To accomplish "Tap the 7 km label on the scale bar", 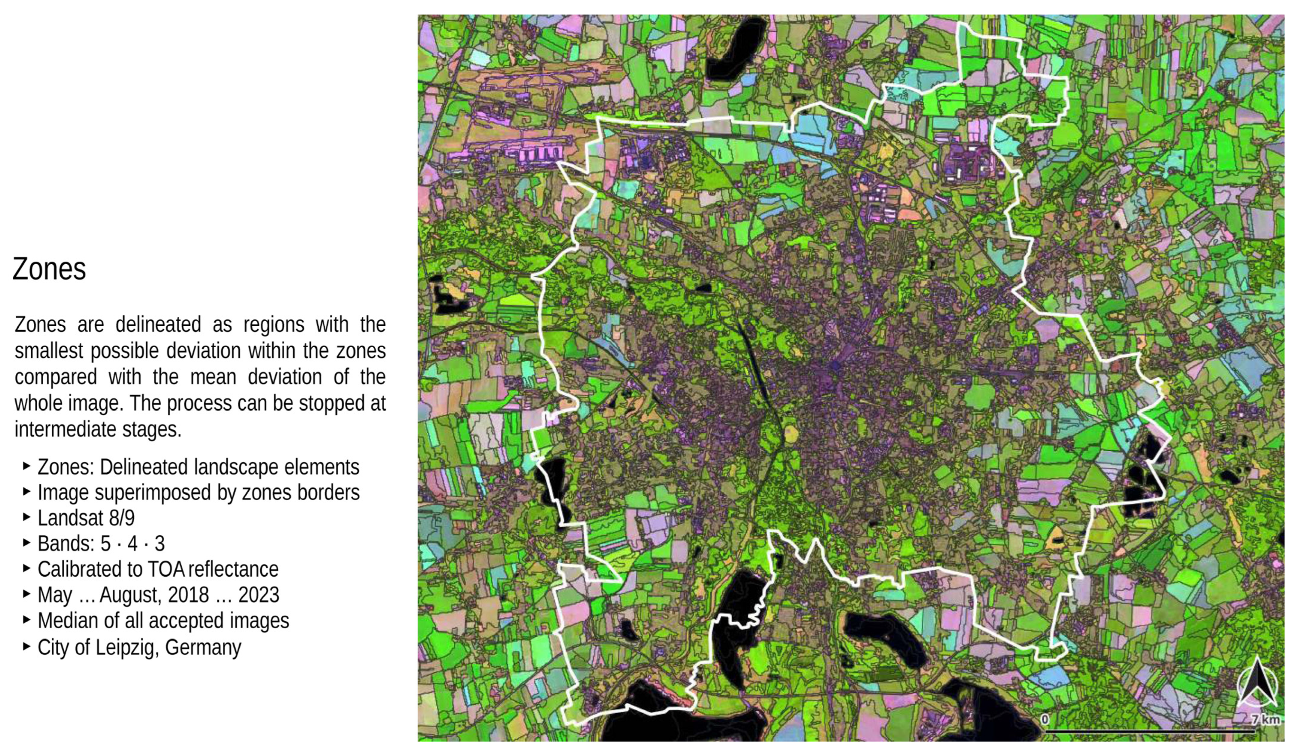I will coord(1266,719).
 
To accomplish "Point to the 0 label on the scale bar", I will coord(1045,719).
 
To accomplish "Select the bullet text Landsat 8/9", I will coord(86,518).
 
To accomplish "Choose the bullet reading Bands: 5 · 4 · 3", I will coord(101,543).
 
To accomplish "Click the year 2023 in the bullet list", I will coord(259,595).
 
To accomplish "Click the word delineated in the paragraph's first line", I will coord(158,325).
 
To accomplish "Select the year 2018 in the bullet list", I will coord(188,595).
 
